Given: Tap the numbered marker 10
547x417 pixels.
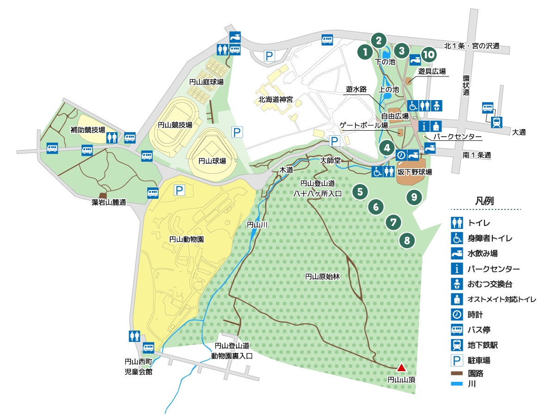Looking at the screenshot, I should [x=429, y=55].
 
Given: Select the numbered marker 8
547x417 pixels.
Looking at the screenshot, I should [x=407, y=240].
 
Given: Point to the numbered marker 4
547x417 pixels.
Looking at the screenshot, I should [x=386, y=148].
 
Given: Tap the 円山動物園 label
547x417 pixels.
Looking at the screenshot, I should [x=186, y=240].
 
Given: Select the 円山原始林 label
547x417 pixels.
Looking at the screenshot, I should [x=322, y=277].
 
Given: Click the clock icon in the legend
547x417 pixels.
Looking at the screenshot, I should [x=457, y=315].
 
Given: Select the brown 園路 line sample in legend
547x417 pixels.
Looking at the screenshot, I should [x=457, y=372].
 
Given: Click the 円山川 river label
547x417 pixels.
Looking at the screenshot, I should [x=255, y=225].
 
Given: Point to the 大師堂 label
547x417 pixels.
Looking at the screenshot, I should [x=330, y=160].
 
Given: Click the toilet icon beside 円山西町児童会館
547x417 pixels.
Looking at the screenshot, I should [x=134, y=335].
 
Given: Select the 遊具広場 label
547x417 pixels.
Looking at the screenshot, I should [x=432, y=71].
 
